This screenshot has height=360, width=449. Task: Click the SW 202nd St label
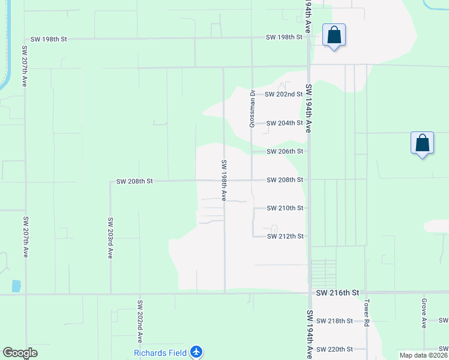[285, 94]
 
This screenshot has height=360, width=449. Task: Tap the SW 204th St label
[285, 123]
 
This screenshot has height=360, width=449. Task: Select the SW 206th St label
[285, 151]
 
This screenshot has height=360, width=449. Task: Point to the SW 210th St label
[285, 208]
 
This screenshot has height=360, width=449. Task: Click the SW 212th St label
[285, 236]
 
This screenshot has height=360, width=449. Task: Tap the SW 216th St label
[338, 293]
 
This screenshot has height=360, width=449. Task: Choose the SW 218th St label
[334, 321]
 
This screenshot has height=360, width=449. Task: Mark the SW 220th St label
[334, 349]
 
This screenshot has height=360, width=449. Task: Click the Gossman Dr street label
[253, 109]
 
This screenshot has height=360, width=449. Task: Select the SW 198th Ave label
[223, 179]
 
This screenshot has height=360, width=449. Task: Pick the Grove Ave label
[424, 313]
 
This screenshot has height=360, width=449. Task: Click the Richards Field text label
[160, 352]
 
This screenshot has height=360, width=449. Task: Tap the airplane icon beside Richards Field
[197, 352]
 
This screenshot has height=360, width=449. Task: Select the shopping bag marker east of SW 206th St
[423, 143]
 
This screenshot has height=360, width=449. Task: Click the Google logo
[20, 353]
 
